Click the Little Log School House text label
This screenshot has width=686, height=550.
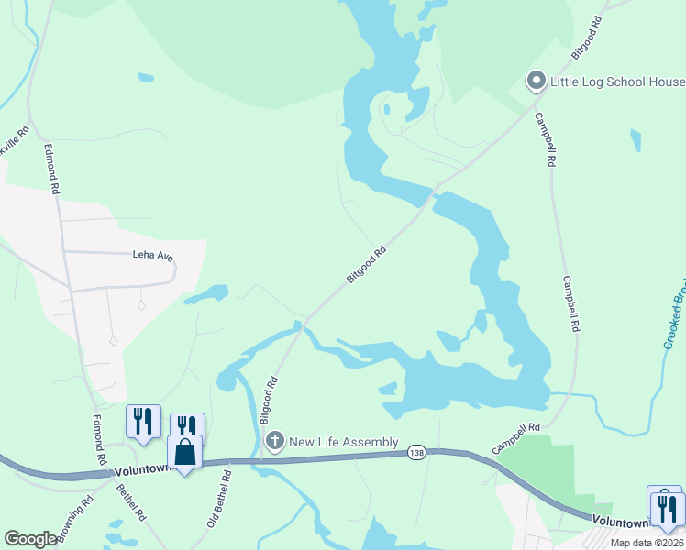[x=617, y=82]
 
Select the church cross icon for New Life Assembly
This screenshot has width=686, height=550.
[x=274, y=442]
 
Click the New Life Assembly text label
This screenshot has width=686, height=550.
[x=344, y=442]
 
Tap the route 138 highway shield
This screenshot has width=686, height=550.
[x=417, y=453]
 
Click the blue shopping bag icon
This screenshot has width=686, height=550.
[x=185, y=452]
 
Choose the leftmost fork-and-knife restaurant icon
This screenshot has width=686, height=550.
[x=143, y=421]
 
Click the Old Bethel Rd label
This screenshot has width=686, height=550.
[x=216, y=496]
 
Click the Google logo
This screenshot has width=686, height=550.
[x=30, y=539]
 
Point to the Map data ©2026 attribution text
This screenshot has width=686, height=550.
[x=647, y=543]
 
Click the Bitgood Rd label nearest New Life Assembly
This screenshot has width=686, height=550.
[x=269, y=399]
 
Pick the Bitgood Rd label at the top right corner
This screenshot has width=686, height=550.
[x=588, y=38]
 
